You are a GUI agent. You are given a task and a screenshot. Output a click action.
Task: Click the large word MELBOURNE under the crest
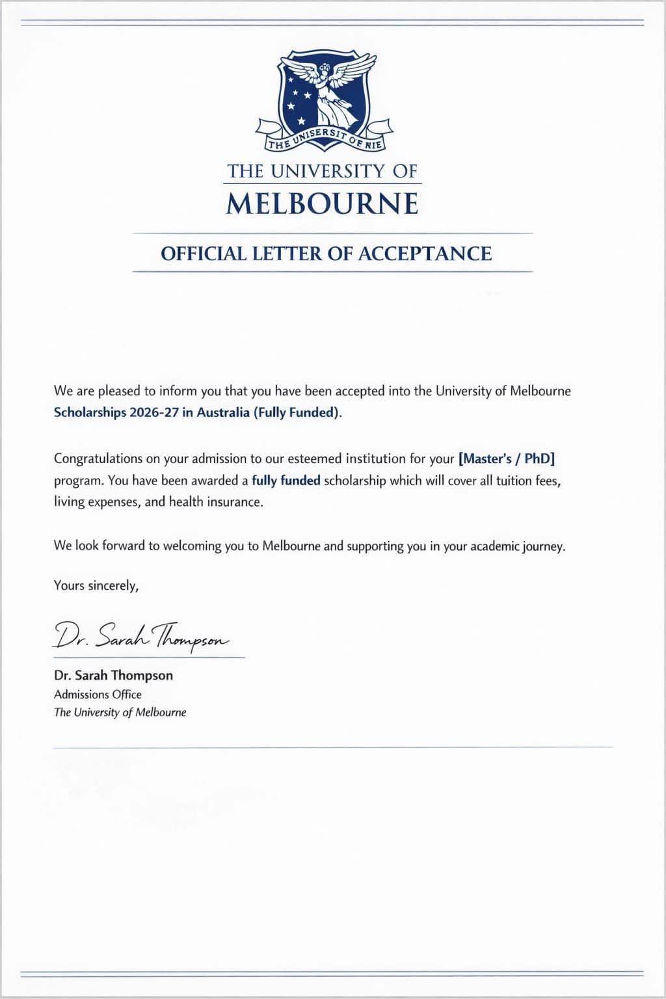click(x=323, y=204)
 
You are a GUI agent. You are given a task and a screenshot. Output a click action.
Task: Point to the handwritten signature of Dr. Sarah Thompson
click(x=140, y=635)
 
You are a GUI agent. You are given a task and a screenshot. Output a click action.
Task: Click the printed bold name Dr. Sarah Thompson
click(x=113, y=675)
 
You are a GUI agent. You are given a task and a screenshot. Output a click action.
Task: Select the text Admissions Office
click(x=98, y=694)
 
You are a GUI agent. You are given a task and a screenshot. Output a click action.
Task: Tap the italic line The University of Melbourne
click(x=120, y=712)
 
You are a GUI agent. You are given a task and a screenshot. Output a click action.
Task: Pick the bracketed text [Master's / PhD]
click(x=507, y=459)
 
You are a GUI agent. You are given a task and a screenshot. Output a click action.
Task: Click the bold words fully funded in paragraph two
click(x=286, y=481)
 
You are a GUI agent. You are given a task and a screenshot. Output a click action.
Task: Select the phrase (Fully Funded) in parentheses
click(x=297, y=413)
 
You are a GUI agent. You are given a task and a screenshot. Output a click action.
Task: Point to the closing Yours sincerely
click(x=96, y=585)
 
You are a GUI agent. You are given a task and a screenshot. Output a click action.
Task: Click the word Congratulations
click(x=98, y=459)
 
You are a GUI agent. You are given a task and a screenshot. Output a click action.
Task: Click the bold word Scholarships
click(x=90, y=413)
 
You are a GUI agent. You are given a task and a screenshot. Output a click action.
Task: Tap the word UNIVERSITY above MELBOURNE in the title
click(x=329, y=172)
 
